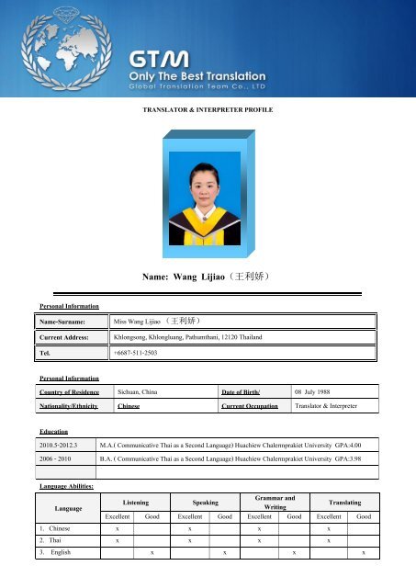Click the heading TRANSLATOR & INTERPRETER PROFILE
(x=207, y=109)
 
